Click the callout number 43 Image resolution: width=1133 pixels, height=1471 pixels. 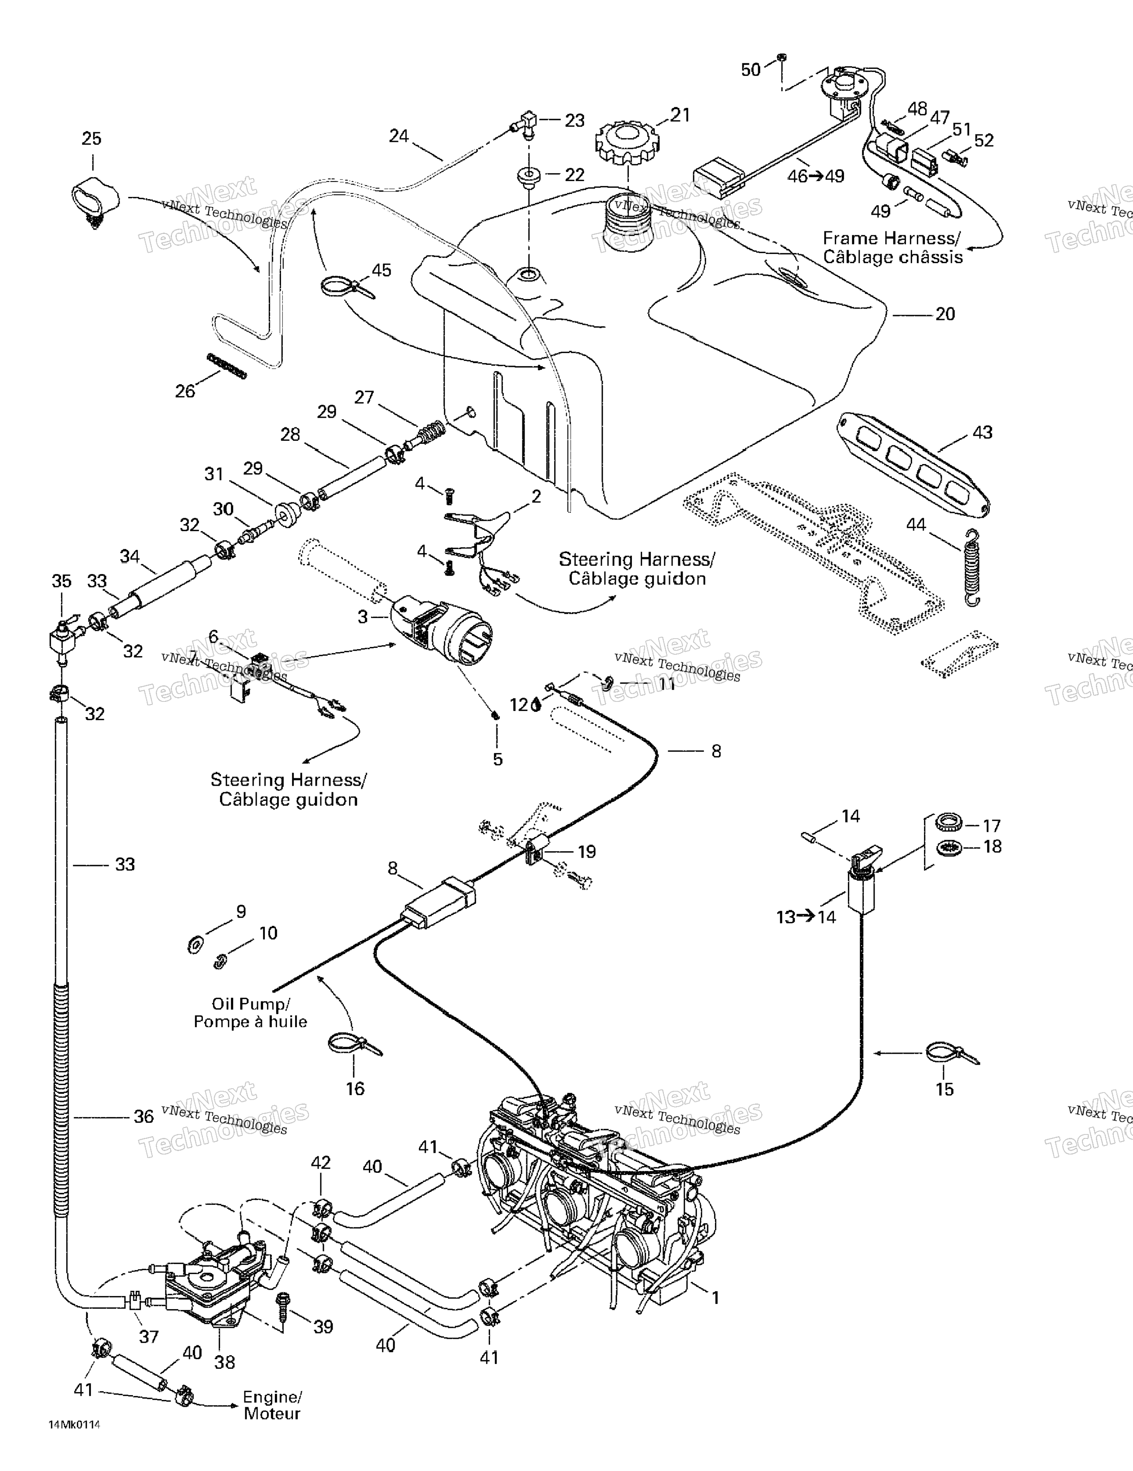pos(982,433)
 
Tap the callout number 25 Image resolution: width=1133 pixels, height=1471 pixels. pos(92,139)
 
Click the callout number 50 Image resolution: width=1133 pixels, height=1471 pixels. pos(750,69)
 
